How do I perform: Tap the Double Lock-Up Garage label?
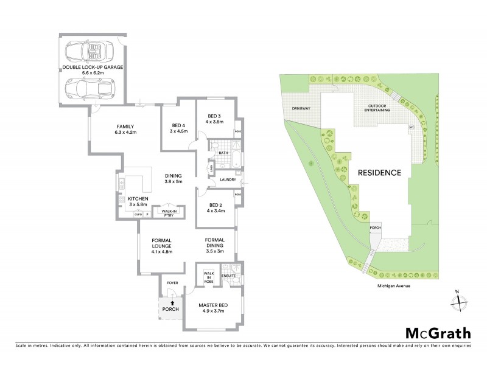pyautogui.click(x=93, y=66)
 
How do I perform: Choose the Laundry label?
pyautogui.click(x=228, y=179)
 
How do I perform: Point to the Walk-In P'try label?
pyautogui.click(x=164, y=211)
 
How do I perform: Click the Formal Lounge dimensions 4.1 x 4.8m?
pyautogui.click(x=163, y=251)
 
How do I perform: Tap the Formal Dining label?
pyautogui.click(x=216, y=242)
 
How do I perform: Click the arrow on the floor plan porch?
pyautogui.click(x=172, y=302)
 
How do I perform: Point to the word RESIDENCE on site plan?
pyautogui.click(x=379, y=172)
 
